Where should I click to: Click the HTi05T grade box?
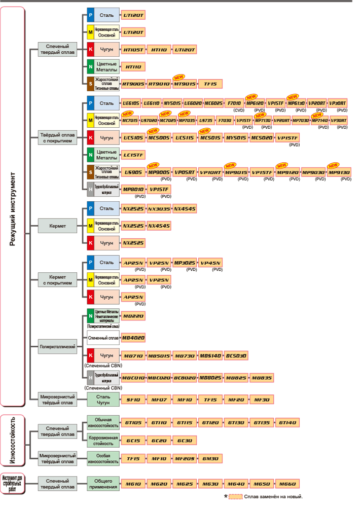tap(133, 50)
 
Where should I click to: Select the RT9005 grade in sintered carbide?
tap(133, 84)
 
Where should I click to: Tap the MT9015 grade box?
tap(185, 84)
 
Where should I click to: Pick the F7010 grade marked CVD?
tap(234, 103)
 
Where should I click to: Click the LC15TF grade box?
tap(133, 155)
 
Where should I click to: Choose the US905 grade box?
tap(133, 172)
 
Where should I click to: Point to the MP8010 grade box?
tap(133, 190)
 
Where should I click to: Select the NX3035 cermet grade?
tap(159, 208)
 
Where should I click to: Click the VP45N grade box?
tap(210, 263)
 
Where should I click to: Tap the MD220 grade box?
tap(133, 316)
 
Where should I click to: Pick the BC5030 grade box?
tap(236, 356)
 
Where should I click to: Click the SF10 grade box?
tap(133, 400)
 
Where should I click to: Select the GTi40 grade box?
tap(287, 422)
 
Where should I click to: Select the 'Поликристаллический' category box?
tap(58, 348)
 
